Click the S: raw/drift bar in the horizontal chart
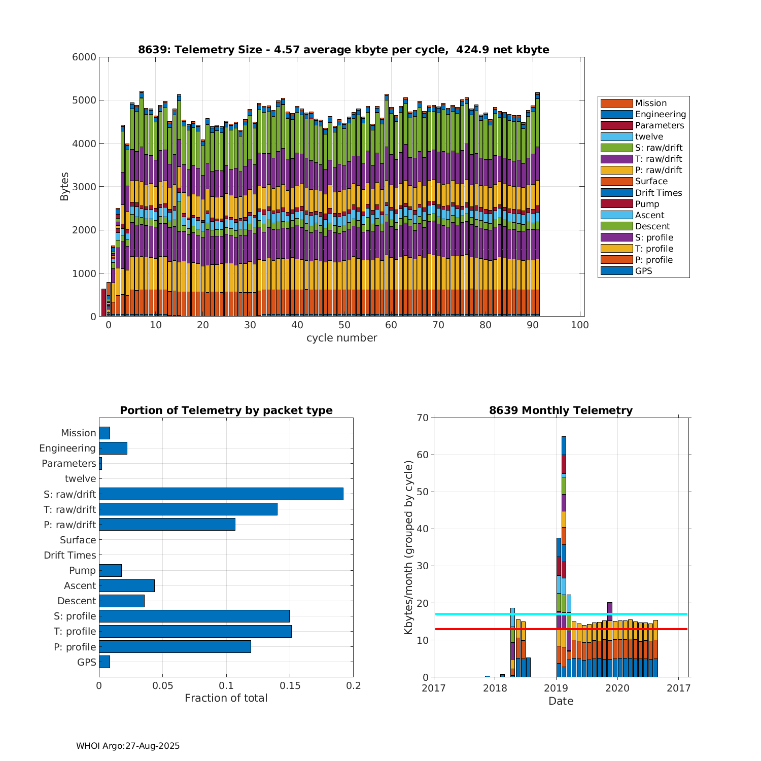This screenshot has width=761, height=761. pyautogui.click(x=221, y=494)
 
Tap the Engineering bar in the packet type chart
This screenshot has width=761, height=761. pyautogui.click(x=113, y=448)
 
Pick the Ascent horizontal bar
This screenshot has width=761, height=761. pyautogui.click(x=127, y=585)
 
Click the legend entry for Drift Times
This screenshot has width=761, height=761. pyautogui.click(x=658, y=193)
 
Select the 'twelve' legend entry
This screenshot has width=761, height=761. pyautogui.click(x=649, y=136)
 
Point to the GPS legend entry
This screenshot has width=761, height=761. pyautogui.click(x=643, y=271)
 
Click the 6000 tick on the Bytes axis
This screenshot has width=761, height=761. pyautogui.click(x=84, y=57)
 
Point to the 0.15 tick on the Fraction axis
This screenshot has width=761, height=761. pyautogui.click(x=290, y=686)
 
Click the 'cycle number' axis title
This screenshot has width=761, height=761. pyautogui.click(x=341, y=338)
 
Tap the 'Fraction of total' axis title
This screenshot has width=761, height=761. pyautogui.click(x=226, y=698)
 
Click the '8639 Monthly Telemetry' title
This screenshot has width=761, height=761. pyautogui.click(x=561, y=410)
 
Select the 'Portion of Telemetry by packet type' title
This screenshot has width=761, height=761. pyautogui.click(x=226, y=410)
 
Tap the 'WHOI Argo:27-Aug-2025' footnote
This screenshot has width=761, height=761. pyautogui.click(x=128, y=746)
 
